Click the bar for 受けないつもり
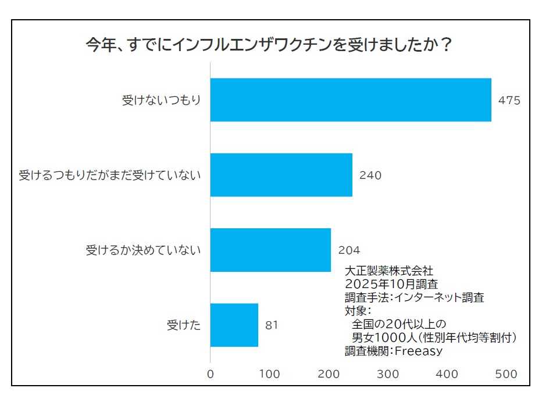pyautogui.click(x=350, y=100)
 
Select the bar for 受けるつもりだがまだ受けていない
pyautogui.click(x=281, y=175)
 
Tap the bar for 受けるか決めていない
pyautogui.click(x=270, y=250)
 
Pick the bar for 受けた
pyautogui.click(x=234, y=325)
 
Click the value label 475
pyautogui.click(x=509, y=100)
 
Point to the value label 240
pyautogui.click(x=370, y=175)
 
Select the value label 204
pyautogui.click(x=349, y=250)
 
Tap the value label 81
pyautogui.click(x=272, y=325)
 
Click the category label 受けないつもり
pyautogui.click(x=161, y=100)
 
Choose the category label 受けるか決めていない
pyautogui.click(x=143, y=250)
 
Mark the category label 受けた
pyautogui.click(x=184, y=325)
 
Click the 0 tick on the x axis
pyautogui.click(x=211, y=374)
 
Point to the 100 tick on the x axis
pyautogui.click(x=270, y=374)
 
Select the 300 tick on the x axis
pyautogui.click(x=388, y=374)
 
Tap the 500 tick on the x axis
pyautogui.click(x=506, y=374)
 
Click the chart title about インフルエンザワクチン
pyautogui.click(x=269, y=45)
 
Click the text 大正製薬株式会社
pyautogui.click(x=388, y=271)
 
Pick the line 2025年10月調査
pyautogui.click(x=391, y=284)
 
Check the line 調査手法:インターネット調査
pyautogui.click(x=414, y=297)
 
